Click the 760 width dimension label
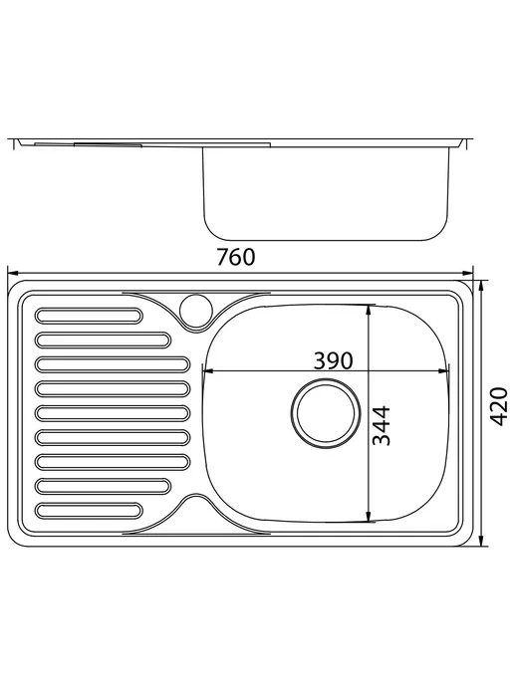pyautogui.click(x=236, y=257)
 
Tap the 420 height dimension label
pyautogui.click(x=498, y=406)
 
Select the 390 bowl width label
pyautogui.click(x=333, y=360)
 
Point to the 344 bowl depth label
pyautogui.click(x=381, y=425)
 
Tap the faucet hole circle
pyautogui.click(x=196, y=311)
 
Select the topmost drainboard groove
pyautogui.click(x=89, y=316)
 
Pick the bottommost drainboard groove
pyautogui.click(x=89, y=511)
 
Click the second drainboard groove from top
pyautogui.click(x=103, y=341)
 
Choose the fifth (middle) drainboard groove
pyautogui.click(x=113, y=413)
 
